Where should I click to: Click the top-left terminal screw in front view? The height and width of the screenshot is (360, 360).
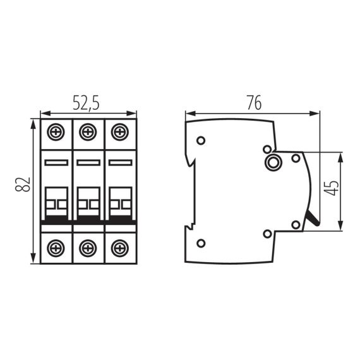point(57,133)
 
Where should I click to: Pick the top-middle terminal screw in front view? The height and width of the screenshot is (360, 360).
point(88,133)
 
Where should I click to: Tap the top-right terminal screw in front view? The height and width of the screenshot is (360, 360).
point(119,133)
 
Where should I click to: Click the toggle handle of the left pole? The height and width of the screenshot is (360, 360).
point(57,203)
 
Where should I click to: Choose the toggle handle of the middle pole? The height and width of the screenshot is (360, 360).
point(88,203)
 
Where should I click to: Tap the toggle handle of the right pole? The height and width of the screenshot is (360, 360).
point(119,203)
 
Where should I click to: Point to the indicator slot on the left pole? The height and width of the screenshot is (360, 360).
point(57,163)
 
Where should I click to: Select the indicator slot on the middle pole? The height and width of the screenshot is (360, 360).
point(88,163)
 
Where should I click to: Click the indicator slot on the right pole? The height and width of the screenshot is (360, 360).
point(119,163)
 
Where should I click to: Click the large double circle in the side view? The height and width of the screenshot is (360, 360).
point(274,163)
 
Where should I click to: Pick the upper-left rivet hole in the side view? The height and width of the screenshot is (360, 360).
point(201,140)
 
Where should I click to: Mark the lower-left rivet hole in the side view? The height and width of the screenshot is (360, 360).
point(201,244)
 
